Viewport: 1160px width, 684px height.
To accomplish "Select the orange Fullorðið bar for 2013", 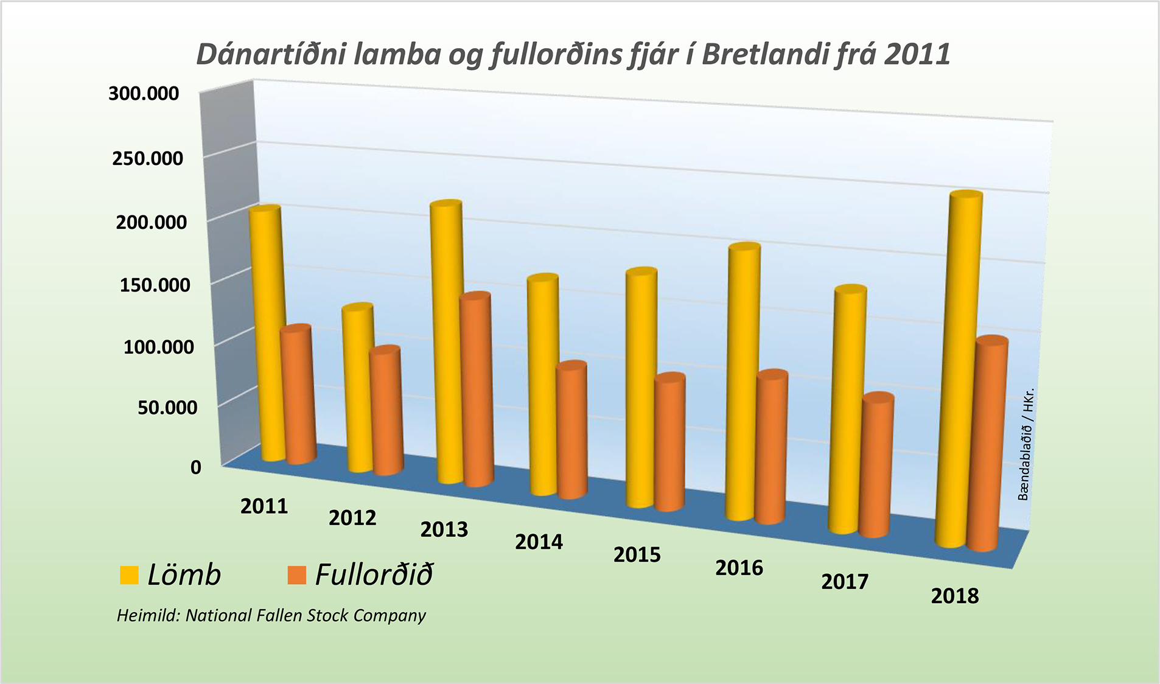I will (x=477, y=389).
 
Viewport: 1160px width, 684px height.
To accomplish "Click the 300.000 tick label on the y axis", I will (x=144, y=93).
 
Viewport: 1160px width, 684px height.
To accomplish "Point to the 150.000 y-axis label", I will (x=155, y=284).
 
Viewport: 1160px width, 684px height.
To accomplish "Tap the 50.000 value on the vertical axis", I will (x=167, y=407).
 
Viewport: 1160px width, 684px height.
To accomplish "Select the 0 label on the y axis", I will (x=195, y=467).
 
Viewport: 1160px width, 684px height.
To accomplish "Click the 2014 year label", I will (x=539, y=542).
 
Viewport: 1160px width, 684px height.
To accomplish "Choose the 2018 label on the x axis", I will (x=954, y=596).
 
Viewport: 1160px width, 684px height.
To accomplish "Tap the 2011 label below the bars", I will (x=264, y=506).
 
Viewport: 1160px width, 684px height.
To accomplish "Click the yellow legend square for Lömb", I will (x=129, y=575).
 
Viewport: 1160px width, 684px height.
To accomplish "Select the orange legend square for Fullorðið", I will (x=296, y=575).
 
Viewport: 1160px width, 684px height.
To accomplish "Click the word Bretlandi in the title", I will (x=764, y=54).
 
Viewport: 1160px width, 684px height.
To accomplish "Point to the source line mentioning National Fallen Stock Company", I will (x=271, y=615).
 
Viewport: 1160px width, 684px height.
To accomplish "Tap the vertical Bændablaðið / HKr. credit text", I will (x=1025, y=444).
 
